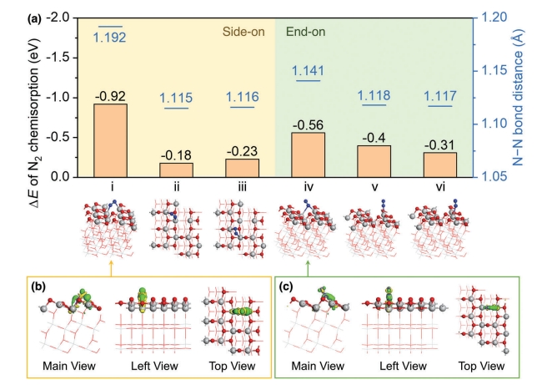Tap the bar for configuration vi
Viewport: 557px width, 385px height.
pos(439,165)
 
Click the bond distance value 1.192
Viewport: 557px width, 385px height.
pos(110,38)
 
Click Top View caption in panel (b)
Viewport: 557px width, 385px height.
pos(231,366)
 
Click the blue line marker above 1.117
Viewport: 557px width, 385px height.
pos(439,106)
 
